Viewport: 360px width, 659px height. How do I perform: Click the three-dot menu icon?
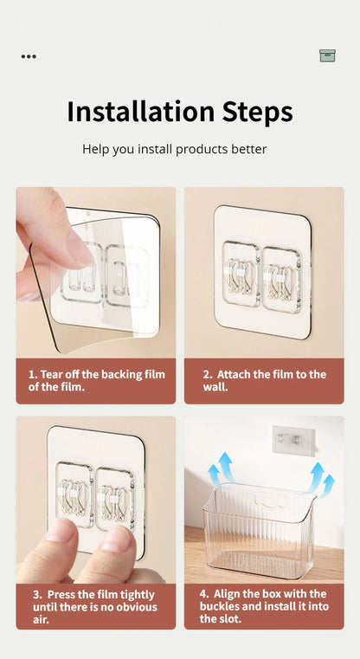click(x=29, y=56)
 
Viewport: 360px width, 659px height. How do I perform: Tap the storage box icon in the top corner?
click(x=327, y=55)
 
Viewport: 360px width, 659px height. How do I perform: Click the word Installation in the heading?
click(x=141, y=112)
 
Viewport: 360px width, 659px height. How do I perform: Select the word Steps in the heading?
click(x=258, y=113)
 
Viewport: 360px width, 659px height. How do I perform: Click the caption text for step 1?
click(x=97, y=380)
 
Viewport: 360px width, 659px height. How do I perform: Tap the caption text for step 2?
click(x=265, y=380)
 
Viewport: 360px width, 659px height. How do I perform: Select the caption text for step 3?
click(x=95, y=607)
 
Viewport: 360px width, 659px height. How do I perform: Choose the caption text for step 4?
click(x=264, y=606)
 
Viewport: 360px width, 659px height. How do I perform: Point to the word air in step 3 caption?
click(x=41, y=619)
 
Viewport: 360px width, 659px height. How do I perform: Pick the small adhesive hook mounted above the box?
click(x=293, y=440)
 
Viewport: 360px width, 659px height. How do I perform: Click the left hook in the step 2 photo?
click(x=241, y=274)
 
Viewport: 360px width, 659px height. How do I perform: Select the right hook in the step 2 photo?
click(x=281, y=280)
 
